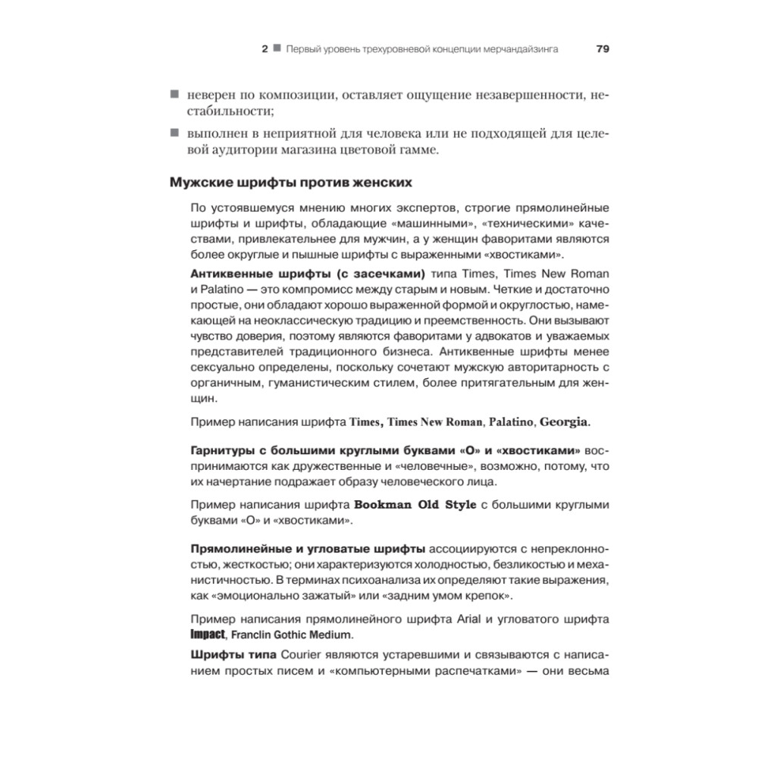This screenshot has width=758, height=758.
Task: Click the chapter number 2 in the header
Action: click(265, 49)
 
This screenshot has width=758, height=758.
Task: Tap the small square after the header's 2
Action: click(277, 49)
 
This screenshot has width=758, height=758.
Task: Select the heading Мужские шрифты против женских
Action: click(291, 183)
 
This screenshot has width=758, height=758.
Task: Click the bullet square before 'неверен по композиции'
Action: click(174, 95)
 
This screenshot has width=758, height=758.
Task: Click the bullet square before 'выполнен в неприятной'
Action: click(174, 133)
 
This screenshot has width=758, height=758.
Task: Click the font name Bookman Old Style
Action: click(415, 505)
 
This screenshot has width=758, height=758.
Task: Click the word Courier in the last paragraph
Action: click(305, 654)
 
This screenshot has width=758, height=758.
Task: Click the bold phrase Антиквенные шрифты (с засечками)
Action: click(307, 273)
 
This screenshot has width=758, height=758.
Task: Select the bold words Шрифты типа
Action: click(233, 654)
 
